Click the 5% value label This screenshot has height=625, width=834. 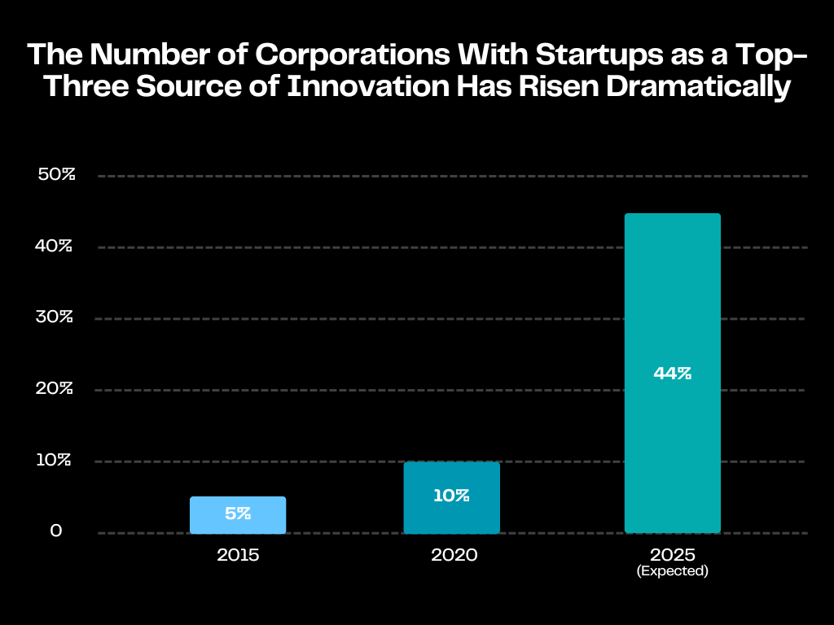coord(238,514)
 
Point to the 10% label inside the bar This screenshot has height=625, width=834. coord(451,496)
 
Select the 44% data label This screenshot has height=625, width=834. coord(672,374)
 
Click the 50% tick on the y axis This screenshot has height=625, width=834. coord(56,175)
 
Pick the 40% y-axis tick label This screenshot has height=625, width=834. coord(56,246)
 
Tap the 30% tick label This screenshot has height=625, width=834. coord(56,317)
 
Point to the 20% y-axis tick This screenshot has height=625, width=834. coord(56,388)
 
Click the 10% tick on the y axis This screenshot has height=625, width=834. coord(56,460)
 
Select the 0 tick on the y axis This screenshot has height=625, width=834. coord(56,531)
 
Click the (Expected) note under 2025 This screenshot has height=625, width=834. coord(672,571)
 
